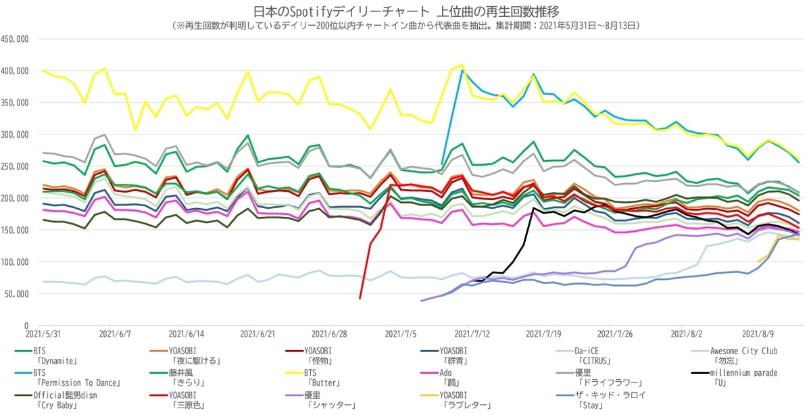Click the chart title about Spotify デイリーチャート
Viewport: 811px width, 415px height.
(x=406, y=11)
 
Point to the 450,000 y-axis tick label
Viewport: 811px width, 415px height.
(x=14, y=39)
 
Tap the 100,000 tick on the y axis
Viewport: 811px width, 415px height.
(x=14, y=262)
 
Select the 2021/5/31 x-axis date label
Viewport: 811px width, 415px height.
(x=42, y=334)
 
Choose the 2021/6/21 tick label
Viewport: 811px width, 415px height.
(x=257, y=334)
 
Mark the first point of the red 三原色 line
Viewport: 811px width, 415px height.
(x=360, y=298)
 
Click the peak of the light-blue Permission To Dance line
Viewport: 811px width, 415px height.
(x=462, y=70)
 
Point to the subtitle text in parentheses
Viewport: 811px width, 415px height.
(x=406, y=26)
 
